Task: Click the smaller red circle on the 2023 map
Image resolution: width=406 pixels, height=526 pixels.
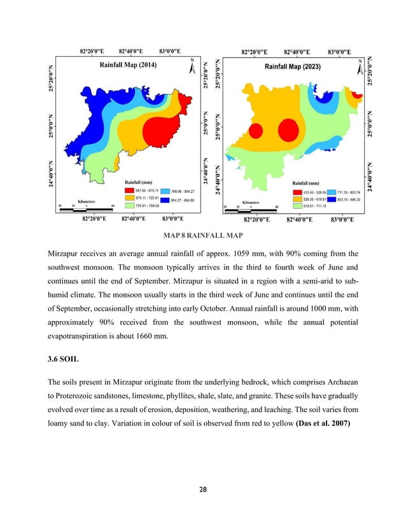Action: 256,132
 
